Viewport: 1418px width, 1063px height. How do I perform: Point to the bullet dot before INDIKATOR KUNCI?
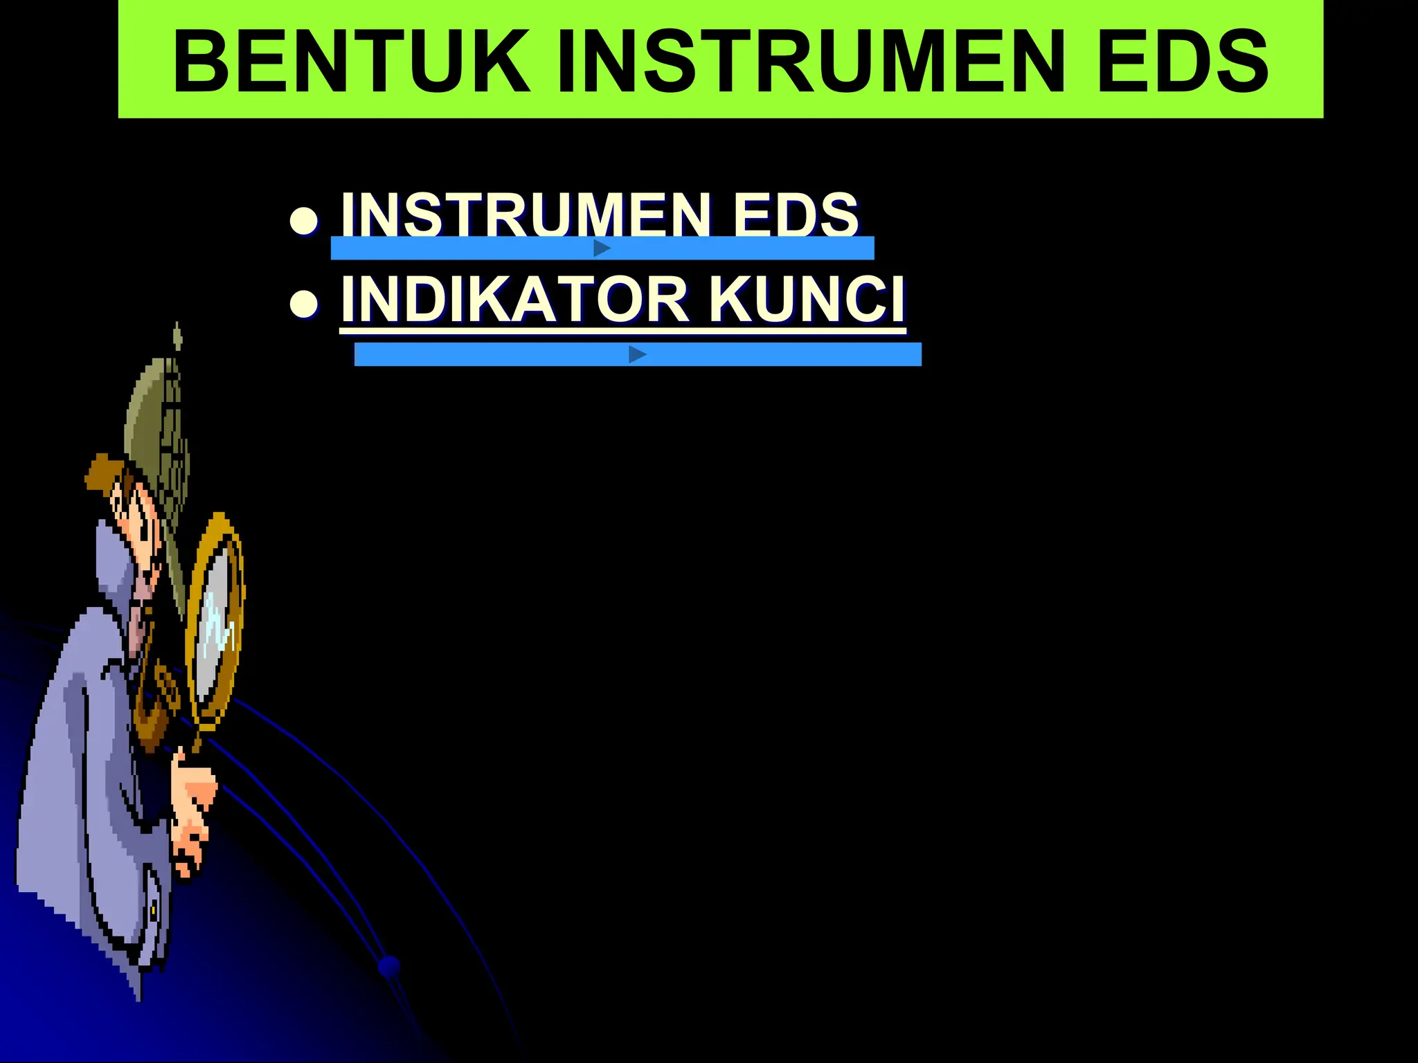click(x=304, y=305)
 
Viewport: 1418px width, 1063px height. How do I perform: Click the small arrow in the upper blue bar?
click(x=602, y=248)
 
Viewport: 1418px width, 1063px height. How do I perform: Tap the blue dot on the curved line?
click(x=390, y=966)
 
